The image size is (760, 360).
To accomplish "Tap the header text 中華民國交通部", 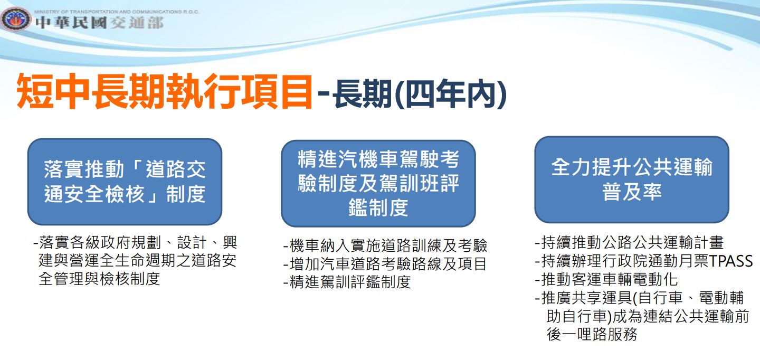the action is coord(99,23).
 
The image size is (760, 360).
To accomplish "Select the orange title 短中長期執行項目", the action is coord(164,91).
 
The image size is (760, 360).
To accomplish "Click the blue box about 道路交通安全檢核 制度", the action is coord(125,182).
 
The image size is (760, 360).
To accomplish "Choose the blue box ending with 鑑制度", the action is coord(378,184).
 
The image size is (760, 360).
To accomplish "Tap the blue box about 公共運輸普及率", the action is coord(632,179).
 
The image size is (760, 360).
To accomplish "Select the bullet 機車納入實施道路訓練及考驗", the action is coord(385,245).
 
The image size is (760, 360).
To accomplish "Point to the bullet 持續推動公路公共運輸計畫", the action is coord(629,242).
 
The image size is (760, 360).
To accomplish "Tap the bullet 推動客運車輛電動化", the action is coord(606,279).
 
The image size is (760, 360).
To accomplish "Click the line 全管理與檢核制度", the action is coord(99,279).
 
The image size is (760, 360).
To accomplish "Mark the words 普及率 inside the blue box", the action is coord(632,192).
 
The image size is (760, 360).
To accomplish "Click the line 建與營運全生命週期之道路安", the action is coord(137,260).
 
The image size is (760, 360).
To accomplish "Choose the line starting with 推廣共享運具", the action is coord(639,298).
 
